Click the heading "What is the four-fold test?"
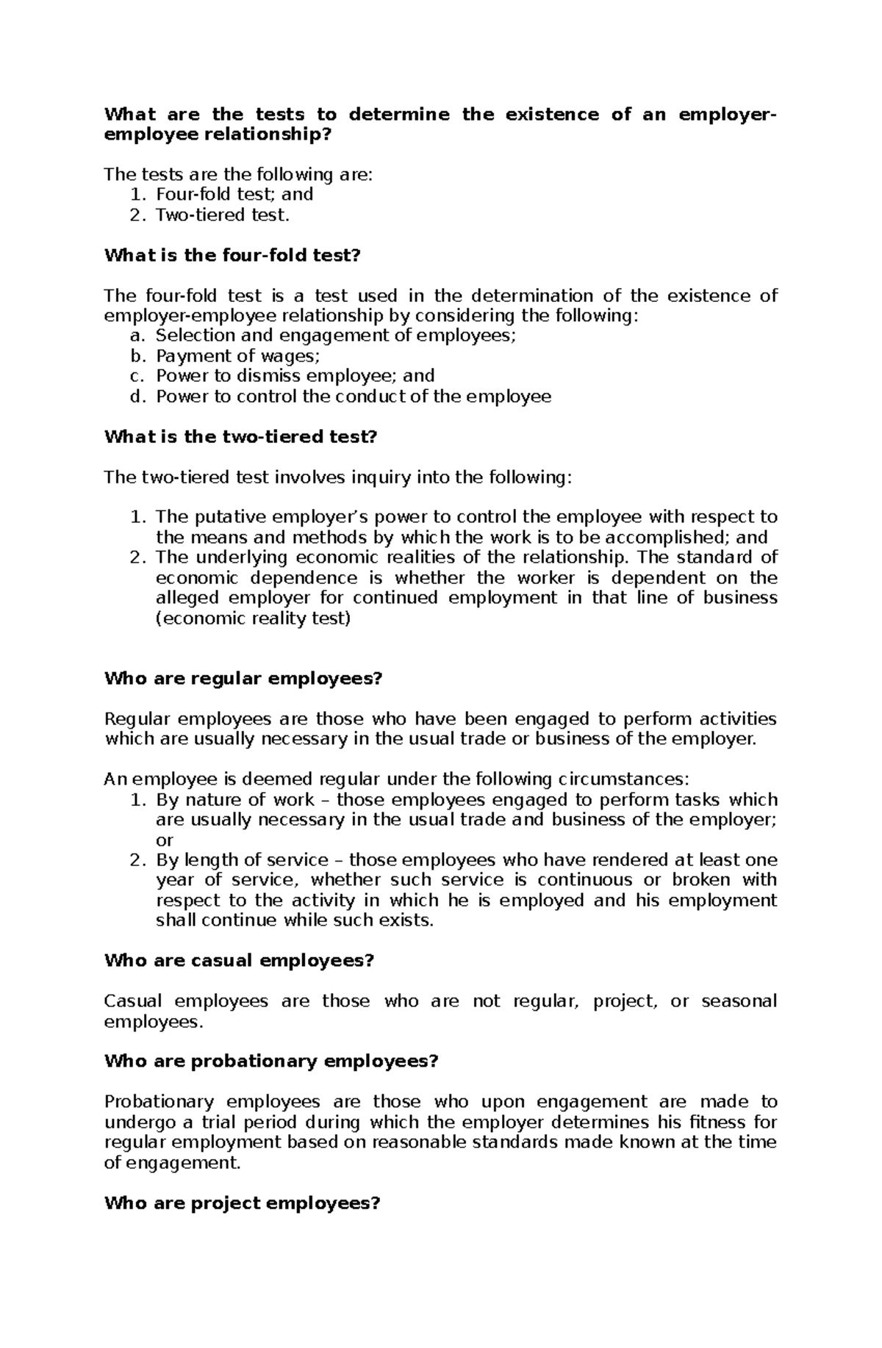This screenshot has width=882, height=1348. point(233,256)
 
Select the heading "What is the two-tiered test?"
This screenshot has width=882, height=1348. point(240,437)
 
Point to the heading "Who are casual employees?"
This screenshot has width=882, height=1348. point(240,960)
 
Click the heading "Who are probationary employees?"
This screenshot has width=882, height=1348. point(271,1061)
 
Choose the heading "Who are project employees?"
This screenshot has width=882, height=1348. point(243,1203)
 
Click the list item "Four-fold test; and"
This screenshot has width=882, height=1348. point(234,194)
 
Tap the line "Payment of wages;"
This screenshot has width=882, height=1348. point(238,356)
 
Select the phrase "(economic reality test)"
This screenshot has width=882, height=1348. point(254,618)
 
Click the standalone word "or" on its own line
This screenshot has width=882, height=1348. point(165,840)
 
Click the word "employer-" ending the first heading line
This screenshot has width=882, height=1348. point(727,115)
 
